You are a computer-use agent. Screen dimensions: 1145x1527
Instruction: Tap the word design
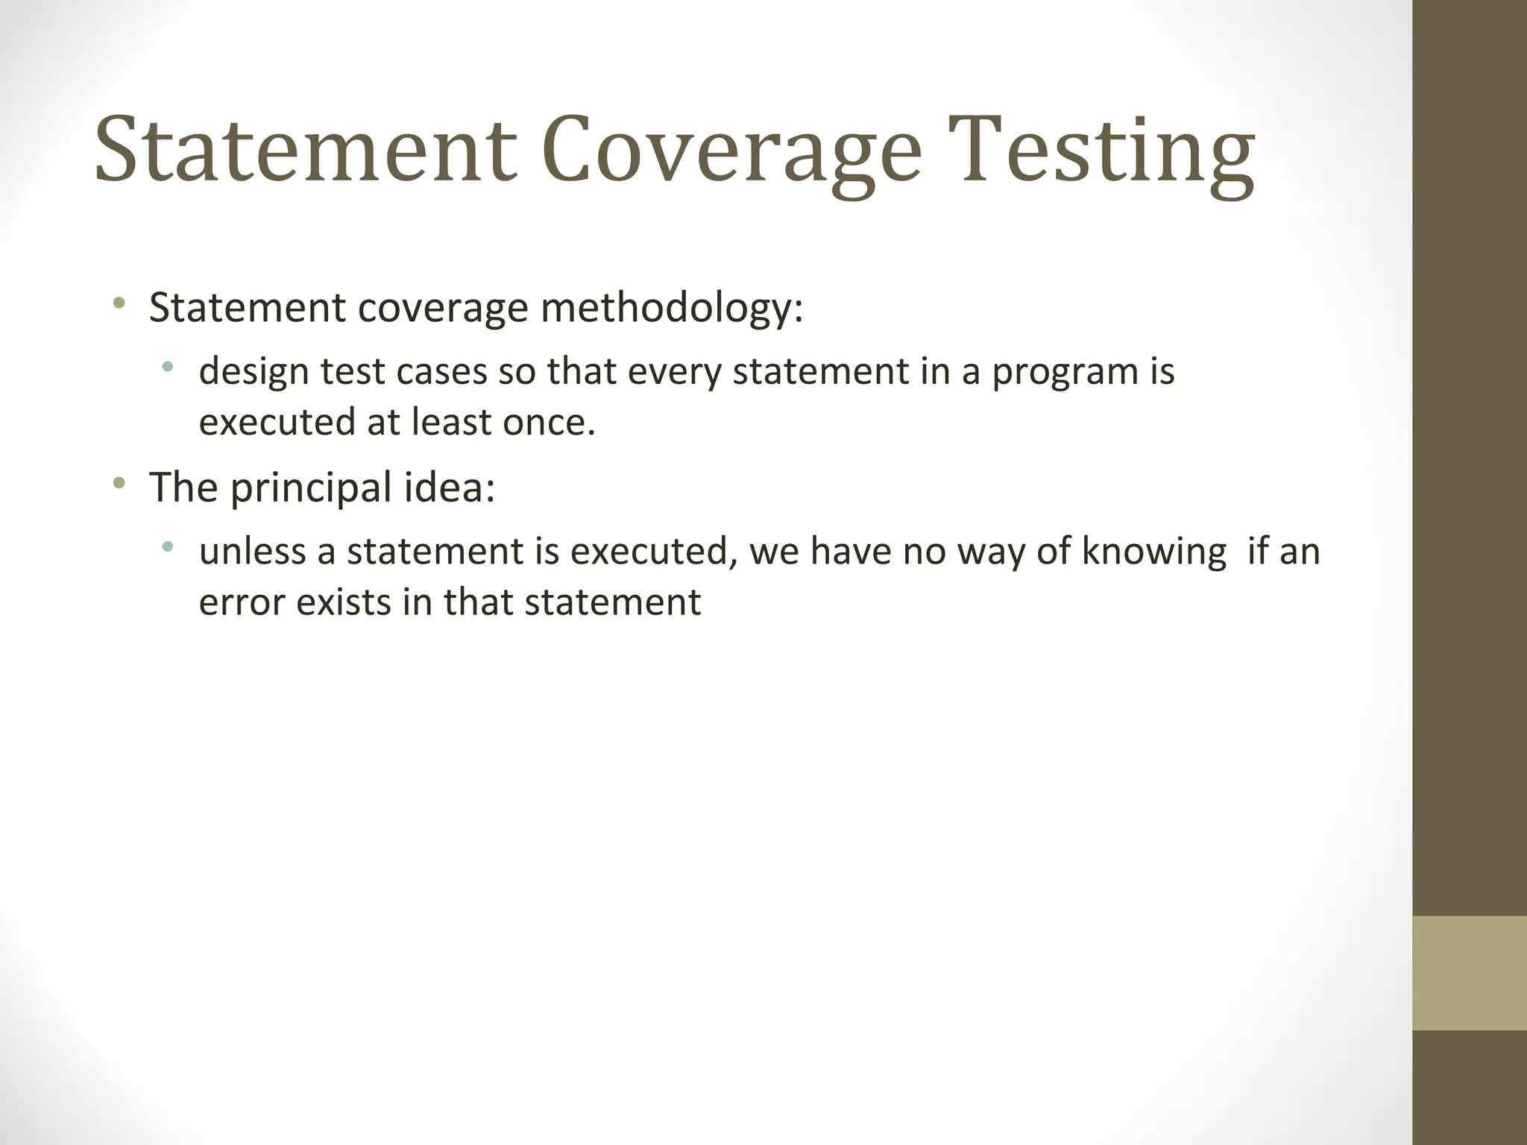pos(254,371)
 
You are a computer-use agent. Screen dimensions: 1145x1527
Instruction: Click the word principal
pos(311,488)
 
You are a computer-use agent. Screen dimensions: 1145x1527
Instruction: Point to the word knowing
pos(1154,552)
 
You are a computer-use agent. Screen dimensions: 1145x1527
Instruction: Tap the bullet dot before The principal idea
pos(119,485)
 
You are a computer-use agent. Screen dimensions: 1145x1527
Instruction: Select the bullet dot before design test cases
pos(168,367)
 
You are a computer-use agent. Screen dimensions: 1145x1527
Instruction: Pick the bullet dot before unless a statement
pos(168,547)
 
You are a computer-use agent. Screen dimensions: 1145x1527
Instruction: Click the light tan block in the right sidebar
pos(1470,973)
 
